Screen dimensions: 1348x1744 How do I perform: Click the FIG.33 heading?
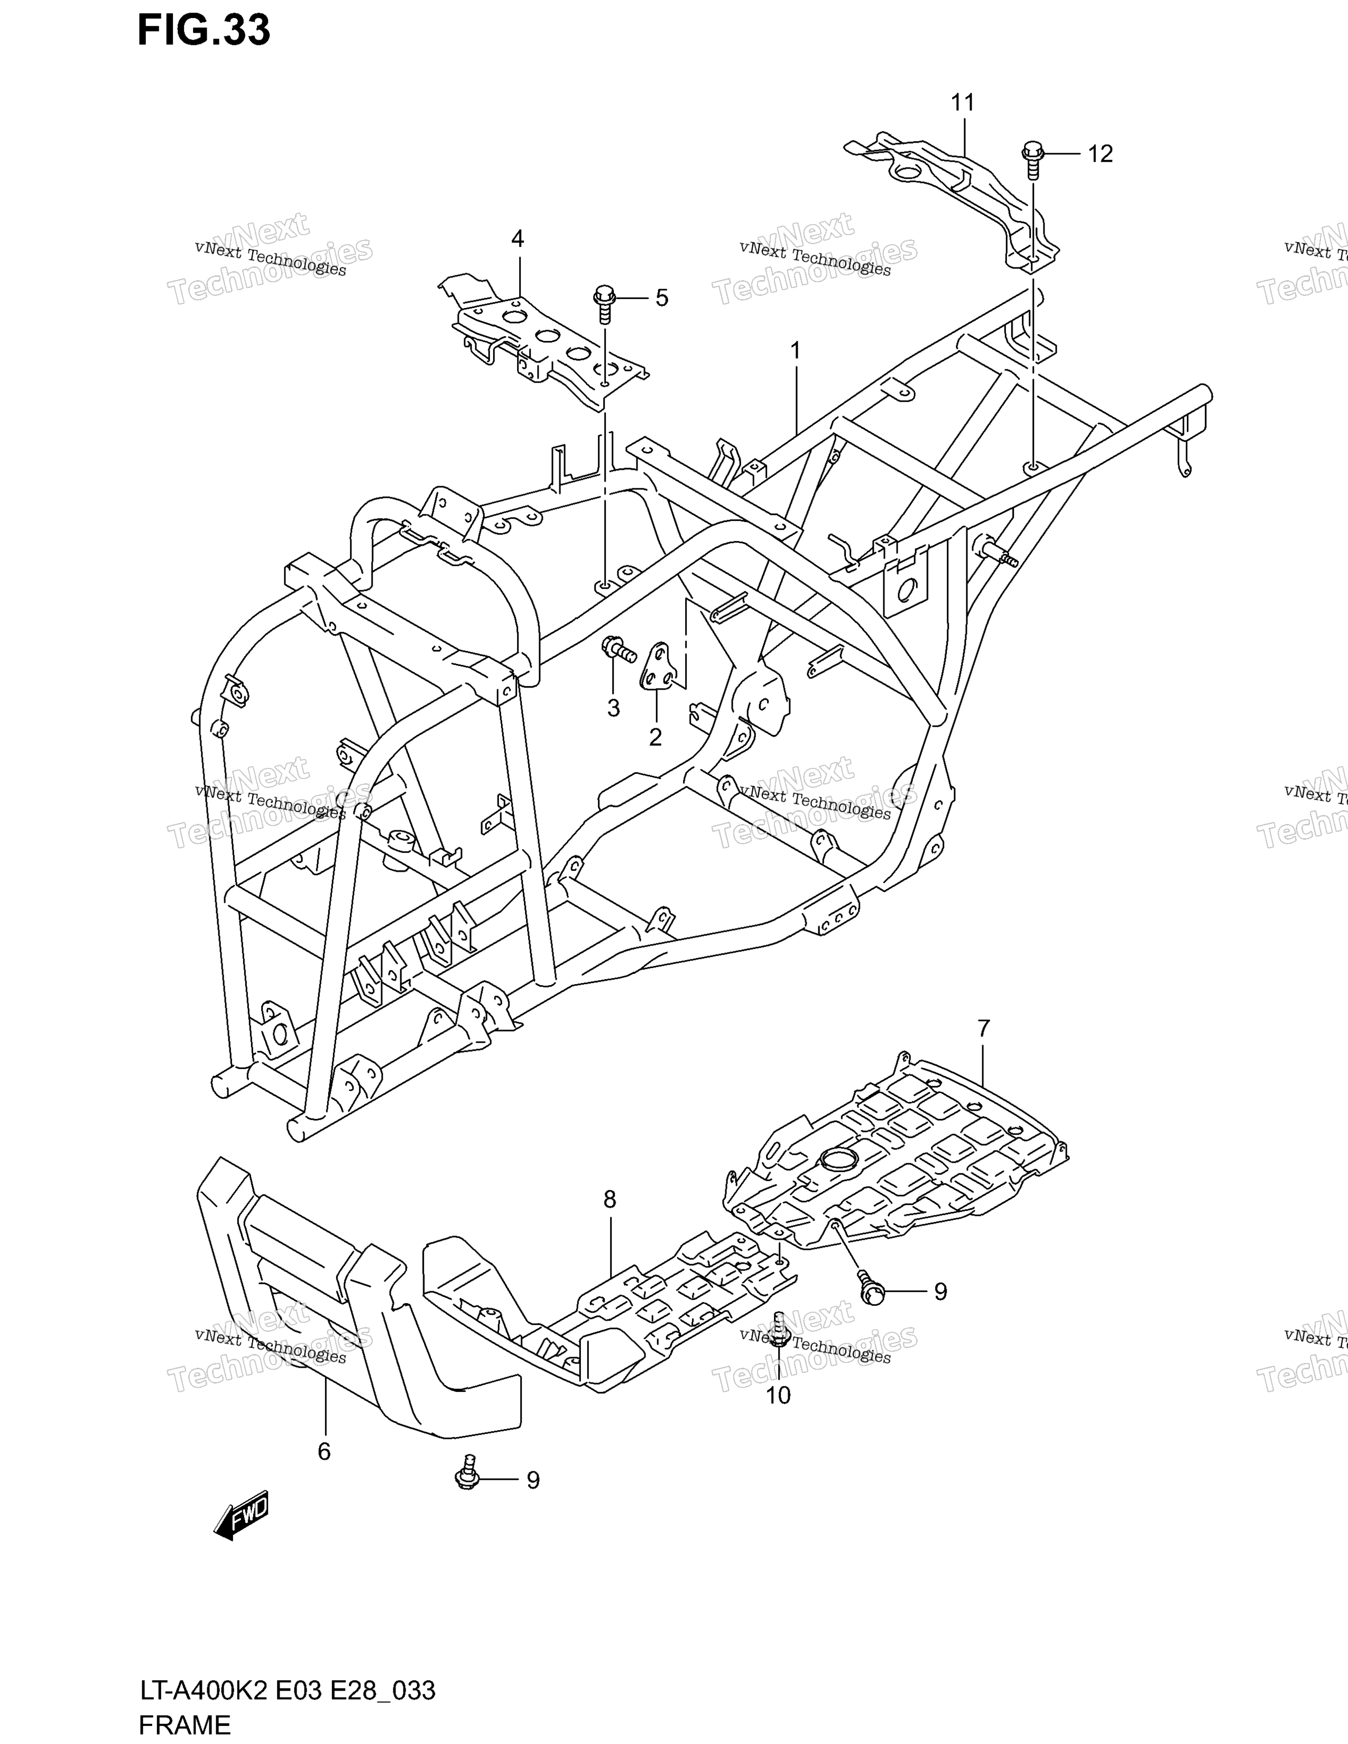(204, 30)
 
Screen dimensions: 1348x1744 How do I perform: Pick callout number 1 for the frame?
(796, 350)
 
